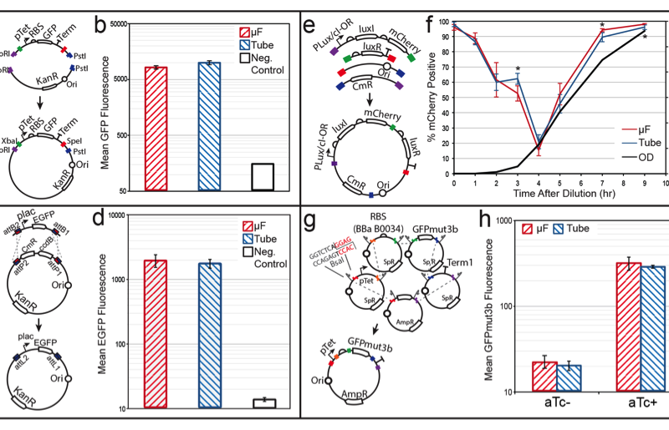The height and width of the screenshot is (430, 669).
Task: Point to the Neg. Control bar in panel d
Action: (263, 404)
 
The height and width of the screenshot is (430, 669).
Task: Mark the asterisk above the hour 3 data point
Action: (518, 69)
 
